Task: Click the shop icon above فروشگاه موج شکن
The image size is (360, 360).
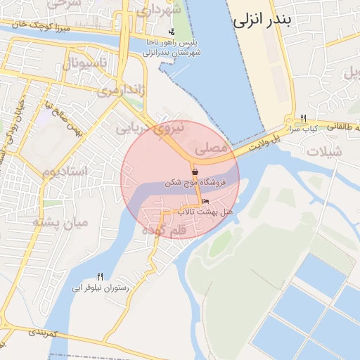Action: (x=195, y=172)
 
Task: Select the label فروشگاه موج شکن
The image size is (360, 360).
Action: (x=195, y=183)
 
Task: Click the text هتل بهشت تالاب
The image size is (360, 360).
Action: (x=205, y=211)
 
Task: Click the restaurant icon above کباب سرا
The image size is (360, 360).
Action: (x=303, y=117)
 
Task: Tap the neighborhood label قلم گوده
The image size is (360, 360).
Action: (x=164, y=230)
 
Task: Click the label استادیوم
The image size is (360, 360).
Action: (x=64, y=172)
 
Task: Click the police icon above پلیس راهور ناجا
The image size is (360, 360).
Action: (x=172, y=32)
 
